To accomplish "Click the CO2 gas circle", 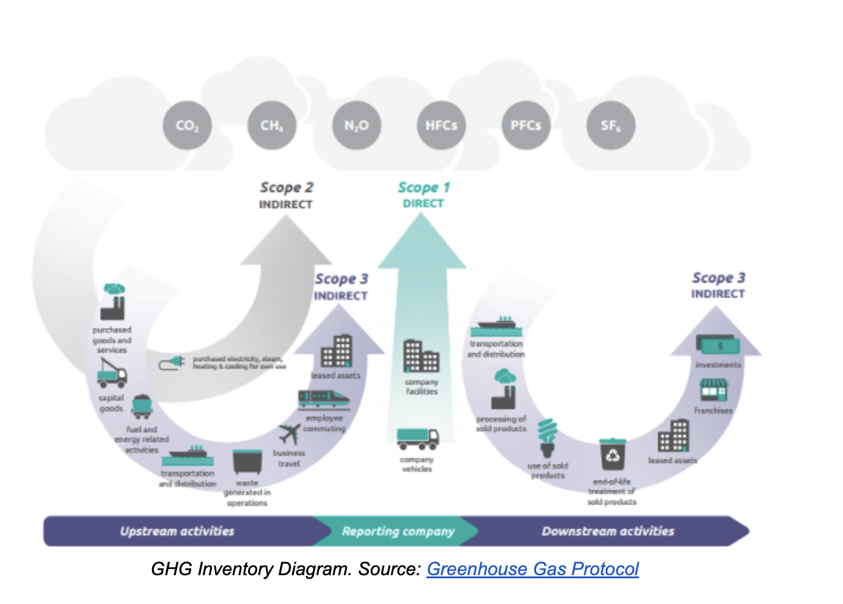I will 187,126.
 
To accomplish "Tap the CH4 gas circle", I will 272,126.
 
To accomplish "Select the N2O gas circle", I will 357,126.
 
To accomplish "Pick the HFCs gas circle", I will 441,126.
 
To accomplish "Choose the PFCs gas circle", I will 526,126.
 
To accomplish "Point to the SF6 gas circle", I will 610,126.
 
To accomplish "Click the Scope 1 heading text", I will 423,187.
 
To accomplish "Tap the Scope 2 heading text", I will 286,187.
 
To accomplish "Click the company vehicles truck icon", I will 417,438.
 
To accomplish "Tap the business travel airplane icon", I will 289,434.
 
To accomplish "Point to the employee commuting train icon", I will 323,399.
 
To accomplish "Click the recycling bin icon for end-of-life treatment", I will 612,454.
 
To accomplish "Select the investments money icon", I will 717,345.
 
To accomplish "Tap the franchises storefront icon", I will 713,390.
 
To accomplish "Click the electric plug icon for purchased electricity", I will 172,363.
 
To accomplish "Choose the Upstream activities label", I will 177,531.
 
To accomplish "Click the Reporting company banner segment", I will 398,531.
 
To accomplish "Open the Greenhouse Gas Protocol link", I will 532,569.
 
